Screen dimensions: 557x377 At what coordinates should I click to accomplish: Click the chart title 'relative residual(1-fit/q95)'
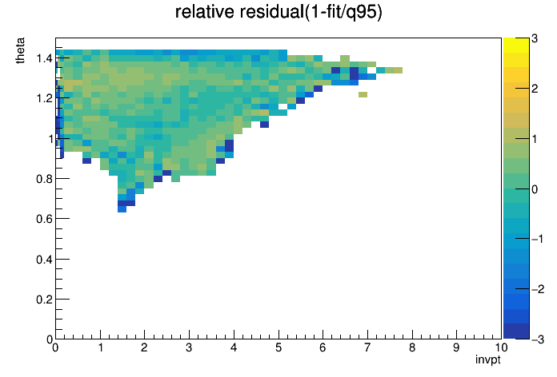(278, 12)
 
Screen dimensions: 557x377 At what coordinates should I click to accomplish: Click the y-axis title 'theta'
(20, 50)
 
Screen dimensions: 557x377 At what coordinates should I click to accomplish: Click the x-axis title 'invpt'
(488, 359)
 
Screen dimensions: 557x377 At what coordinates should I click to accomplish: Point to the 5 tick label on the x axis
(278, 347)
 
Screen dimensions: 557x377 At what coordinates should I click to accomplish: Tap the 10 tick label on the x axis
(500, 347)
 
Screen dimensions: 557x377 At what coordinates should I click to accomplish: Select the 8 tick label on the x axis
(412, 347)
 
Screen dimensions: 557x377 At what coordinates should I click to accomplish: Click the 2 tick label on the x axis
(144, 347)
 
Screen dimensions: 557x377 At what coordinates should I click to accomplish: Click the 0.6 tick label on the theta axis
(44, 219)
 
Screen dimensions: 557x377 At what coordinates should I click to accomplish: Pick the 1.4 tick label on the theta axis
(44, 58)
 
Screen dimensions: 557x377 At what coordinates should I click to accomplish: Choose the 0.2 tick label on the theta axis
(44, 300)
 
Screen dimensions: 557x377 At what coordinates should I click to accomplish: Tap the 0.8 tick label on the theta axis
(44, 179)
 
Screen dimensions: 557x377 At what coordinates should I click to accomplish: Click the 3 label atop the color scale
(535, 38)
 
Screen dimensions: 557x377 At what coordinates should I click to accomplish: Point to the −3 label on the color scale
(538, 339)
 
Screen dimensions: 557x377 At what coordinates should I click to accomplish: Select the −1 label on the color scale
(538, 239)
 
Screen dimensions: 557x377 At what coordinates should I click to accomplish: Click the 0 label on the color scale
(535, 189)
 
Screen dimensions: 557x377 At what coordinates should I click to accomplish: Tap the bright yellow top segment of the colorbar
(516, 45)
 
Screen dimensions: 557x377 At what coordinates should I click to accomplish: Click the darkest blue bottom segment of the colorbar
(516, 331)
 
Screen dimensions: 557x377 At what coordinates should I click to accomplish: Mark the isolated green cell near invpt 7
(363, 95)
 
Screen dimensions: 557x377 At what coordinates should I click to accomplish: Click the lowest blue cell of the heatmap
(122, 209)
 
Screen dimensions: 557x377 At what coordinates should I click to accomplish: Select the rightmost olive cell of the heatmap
(398, 70)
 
